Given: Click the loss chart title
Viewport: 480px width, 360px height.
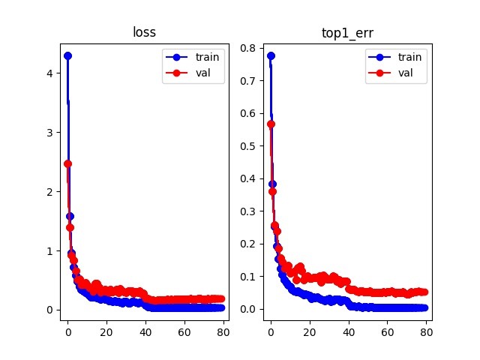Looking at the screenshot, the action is click(x=144, y=32).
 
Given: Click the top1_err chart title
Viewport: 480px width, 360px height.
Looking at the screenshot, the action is click(x=347, y=33).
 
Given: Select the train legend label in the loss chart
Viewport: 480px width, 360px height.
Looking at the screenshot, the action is click(x=207, y=57).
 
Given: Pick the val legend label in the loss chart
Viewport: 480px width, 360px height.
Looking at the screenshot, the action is click(x=203, y=73).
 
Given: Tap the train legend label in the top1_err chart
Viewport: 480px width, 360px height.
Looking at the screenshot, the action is click(x=409, y=57).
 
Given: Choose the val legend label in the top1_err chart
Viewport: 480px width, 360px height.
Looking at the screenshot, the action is click(x=406, y=73).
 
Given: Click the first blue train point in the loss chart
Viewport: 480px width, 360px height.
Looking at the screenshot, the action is click(x=67, y=56).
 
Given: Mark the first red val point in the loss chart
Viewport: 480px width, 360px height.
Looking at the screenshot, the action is click(x=67, y=163).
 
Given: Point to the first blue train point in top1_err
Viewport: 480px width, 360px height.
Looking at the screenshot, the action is click(x=271, y=56).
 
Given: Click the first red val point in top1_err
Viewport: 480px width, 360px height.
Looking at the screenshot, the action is click(x=271, y=124).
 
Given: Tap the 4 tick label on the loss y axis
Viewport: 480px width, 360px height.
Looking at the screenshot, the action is click(x=49, y=73).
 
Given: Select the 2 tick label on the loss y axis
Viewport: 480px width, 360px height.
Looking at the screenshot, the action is click(x=49, y=192).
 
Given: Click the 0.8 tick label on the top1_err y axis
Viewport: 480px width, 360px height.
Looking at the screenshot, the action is click(x=247, y=48).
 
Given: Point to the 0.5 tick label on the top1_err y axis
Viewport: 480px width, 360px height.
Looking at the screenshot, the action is click(x=247, y=146).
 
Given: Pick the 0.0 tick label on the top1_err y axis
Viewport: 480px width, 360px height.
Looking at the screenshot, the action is click(x=247, y=309).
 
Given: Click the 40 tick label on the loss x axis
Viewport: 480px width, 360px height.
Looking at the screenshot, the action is click(x=145, y=332).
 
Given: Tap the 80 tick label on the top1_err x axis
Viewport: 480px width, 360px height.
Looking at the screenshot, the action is click(x=427, y=332).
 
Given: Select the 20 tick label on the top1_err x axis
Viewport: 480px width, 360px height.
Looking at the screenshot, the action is click(x=310, y=332).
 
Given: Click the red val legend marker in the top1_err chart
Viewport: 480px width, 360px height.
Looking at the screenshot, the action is click(x=379, y=73).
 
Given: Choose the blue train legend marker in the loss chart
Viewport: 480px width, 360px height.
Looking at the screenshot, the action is click(x=177, y=57).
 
